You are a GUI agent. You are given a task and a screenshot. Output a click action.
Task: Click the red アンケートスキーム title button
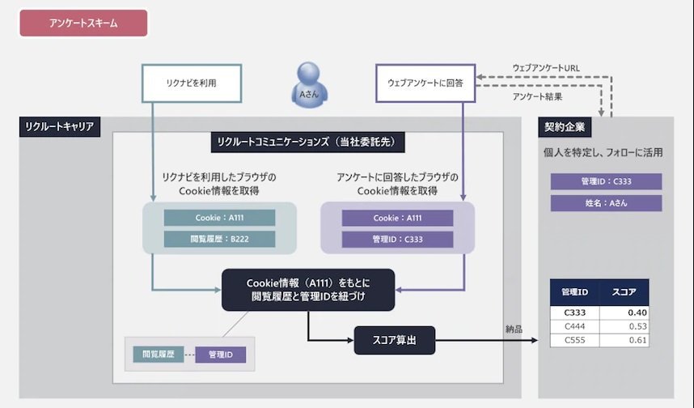pyautogui.click(x=83, y=23)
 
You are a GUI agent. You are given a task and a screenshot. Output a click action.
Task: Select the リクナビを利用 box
pyautogui.click(x=192, y=83)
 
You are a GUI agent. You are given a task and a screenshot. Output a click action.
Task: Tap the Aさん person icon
pyautogui.click(x=309, y=85)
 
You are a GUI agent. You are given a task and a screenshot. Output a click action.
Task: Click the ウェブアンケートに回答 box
pyautogui.click(x=425, y=83)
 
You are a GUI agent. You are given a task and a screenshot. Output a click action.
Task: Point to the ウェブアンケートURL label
pyautogui.click(x=546, y=68)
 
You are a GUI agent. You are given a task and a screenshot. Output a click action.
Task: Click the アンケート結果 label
pyautogui.click(x=537, y=96)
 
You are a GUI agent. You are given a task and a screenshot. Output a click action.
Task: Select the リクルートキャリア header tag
pyautogui.click(x=60, y=127)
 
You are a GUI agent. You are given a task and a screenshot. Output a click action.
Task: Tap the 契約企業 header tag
pyautogui.click(x=565, y=127)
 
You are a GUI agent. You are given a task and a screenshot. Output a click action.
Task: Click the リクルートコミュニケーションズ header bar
pyautogui.click(x=307, y=142)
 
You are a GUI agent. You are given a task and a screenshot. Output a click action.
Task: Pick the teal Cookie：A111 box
pyautogui.click(x=219, y=218)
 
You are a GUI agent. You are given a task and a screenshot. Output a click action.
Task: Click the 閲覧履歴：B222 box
pyautogui.click(x=219, y=239)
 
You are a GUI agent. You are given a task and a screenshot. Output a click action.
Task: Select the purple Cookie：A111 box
pyautogui.click(x=397, y=218)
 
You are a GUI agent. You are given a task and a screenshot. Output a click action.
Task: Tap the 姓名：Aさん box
pyautogui.click(x=606, y=203)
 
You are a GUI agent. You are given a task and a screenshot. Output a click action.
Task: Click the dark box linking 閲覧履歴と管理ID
pyautogui.click(x=308, y=290)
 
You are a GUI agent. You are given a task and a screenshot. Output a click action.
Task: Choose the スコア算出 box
pyautogui.click(x=395, y=340)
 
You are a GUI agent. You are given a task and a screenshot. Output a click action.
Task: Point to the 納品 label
pyautogui.click(x=514, y=329)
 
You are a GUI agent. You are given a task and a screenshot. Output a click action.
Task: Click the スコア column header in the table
pyautogui.click(x=624, y=292)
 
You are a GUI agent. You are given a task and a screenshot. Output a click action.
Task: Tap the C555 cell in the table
pyautogui.click(x=574, y=340)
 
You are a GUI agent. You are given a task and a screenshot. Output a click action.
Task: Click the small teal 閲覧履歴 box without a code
pyautogui.click(x=159, y=355)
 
